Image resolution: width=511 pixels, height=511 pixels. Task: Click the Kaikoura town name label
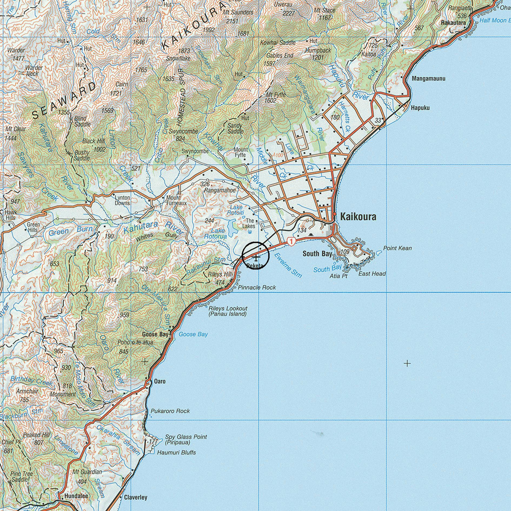point(358,217)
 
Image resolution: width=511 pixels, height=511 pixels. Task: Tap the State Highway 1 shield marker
point(291,241)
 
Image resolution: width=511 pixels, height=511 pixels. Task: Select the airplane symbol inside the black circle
point(256,256)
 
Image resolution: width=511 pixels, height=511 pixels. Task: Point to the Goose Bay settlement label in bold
point(155,334)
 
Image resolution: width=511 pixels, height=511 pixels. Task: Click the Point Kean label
point(397,248)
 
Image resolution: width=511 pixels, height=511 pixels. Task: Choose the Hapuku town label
point(420,108)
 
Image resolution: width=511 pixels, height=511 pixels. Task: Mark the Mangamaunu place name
point(428,79)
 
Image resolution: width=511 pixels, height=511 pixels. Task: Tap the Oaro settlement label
point(160,381)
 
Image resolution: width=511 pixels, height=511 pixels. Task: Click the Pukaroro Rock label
point(170,411)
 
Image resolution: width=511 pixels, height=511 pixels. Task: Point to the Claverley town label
point(135,497)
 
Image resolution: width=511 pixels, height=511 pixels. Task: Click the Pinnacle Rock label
point(257,287)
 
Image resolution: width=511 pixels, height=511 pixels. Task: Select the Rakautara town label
point(453,23)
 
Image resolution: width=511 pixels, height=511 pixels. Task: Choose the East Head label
point(372,274)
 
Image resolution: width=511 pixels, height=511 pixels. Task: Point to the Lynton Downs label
point(122,200)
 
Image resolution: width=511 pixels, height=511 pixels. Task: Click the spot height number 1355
point(64,112)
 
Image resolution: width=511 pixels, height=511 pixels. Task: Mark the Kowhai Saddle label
point(278,43)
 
